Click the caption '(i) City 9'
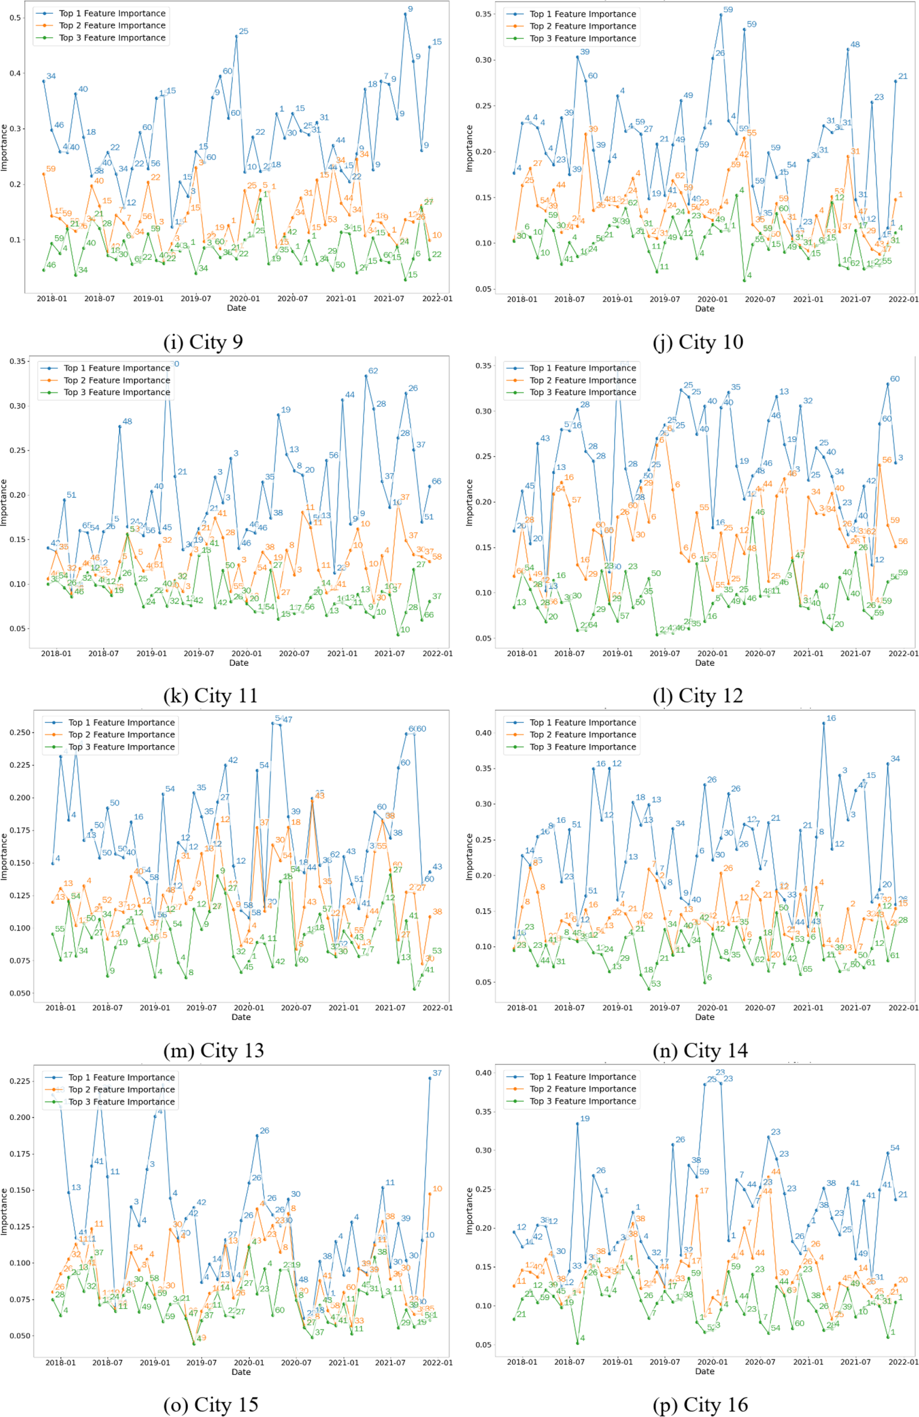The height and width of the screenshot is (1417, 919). (203, 342)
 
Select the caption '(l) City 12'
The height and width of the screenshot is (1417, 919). (698, 695)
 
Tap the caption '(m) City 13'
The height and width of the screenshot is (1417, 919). (213, 1050)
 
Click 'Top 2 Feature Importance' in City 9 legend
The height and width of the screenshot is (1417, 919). (112, 25)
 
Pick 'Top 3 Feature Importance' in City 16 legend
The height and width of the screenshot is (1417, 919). (582, 1101)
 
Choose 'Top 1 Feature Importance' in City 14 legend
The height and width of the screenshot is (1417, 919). (582, 722)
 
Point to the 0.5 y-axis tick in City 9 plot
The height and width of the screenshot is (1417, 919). (16, 18)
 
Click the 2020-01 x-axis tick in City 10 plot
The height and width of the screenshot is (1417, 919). (713, 299)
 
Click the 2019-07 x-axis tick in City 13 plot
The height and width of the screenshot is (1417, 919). (201, 1007)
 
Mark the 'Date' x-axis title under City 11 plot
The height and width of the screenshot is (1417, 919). (238, 662)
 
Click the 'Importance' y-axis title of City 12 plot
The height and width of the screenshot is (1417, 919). (469, 503)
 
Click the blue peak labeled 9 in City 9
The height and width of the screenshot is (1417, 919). (406, 14)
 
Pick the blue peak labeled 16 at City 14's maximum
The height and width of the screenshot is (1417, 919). (824, 723)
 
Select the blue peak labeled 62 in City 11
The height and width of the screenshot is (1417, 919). (366, 376)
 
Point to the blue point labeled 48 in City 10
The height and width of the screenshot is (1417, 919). (848, 49)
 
